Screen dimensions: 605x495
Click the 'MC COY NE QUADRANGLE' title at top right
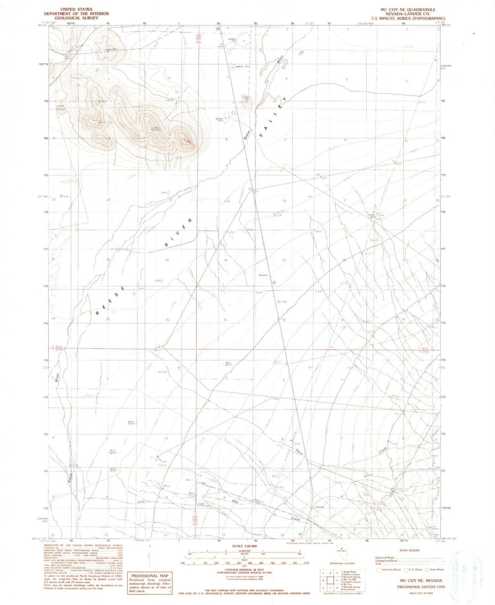point(408,10)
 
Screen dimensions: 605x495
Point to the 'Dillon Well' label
point(372,216)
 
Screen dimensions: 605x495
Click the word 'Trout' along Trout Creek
point(299,452)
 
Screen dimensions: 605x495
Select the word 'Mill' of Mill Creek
point(235,501)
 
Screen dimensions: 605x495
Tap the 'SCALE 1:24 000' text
point(244,546)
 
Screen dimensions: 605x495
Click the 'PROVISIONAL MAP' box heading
point(149,576)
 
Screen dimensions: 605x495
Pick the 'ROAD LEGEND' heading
point(409,550)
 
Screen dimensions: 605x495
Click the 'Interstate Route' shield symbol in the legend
point(378,569)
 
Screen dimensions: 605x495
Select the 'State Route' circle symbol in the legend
point(427,569)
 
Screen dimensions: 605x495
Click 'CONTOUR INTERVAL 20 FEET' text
point(244,570)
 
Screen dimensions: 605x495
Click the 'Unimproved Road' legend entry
point(386,560)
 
